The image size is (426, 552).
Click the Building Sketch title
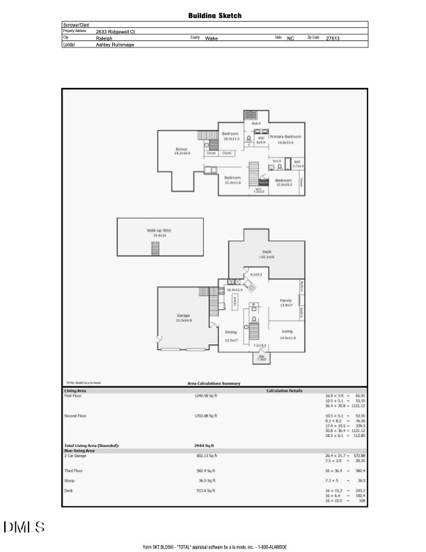214,15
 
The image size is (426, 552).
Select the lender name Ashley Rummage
115,45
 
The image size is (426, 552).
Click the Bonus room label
182,150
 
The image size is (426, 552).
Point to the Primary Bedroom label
286,137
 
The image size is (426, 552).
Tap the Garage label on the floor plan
184,316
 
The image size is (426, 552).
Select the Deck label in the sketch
267,252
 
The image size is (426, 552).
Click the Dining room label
231,333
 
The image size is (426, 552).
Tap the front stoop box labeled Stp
262,358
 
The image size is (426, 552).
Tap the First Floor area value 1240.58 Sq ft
206,395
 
